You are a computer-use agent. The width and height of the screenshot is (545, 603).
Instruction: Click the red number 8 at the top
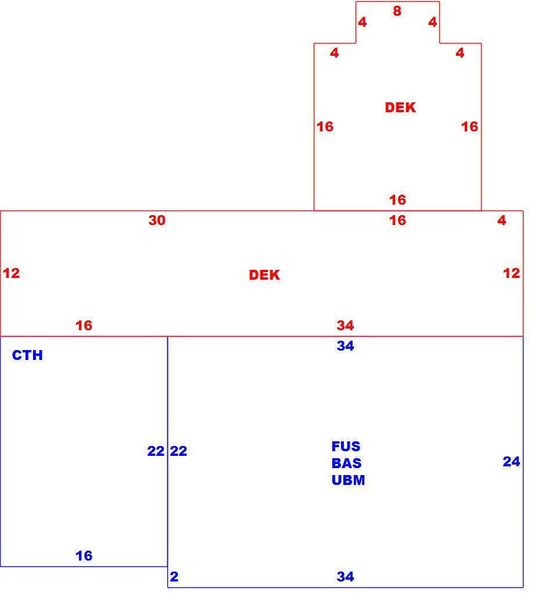[x=397, y=11]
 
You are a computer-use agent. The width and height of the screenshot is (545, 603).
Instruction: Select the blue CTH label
[x=27, y=355]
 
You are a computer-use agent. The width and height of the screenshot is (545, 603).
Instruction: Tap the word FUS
[x=346, y=446]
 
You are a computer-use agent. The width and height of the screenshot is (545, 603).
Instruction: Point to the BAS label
[x=346, y=463]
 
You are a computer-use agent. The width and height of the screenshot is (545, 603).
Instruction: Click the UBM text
[x=348, y=480]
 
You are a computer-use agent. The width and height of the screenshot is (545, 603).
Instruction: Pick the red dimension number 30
[x=157, y=220]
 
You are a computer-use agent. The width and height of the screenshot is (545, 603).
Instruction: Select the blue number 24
[x=511, y=461]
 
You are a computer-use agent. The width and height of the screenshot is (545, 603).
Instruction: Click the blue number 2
[x=174, y=576]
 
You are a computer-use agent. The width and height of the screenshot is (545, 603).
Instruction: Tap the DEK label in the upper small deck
[x=400, y=108]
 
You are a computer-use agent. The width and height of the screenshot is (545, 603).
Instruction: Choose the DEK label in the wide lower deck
[x=264, y=274]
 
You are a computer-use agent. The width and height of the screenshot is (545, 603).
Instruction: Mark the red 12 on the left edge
[x=11, y=273]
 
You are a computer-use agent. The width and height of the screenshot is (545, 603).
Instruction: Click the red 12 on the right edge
[x=511, y=273]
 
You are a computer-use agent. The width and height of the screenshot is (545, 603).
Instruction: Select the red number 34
[x=345, y=326]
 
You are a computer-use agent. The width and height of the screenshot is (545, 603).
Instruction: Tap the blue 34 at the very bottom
[x=345, y=576]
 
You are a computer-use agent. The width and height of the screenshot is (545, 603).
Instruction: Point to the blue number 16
[x=84, y=555]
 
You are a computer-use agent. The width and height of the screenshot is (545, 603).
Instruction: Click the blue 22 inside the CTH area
[x=156, y=451]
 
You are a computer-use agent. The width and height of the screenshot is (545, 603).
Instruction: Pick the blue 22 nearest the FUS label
[x=178, y=451]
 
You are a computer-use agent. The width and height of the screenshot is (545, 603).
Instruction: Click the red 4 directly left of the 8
[x=362, y=22]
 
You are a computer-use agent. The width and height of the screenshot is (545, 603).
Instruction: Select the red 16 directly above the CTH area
[x=84, y=326]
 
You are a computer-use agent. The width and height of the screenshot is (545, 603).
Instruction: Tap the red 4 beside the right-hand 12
[x=501, y=220]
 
